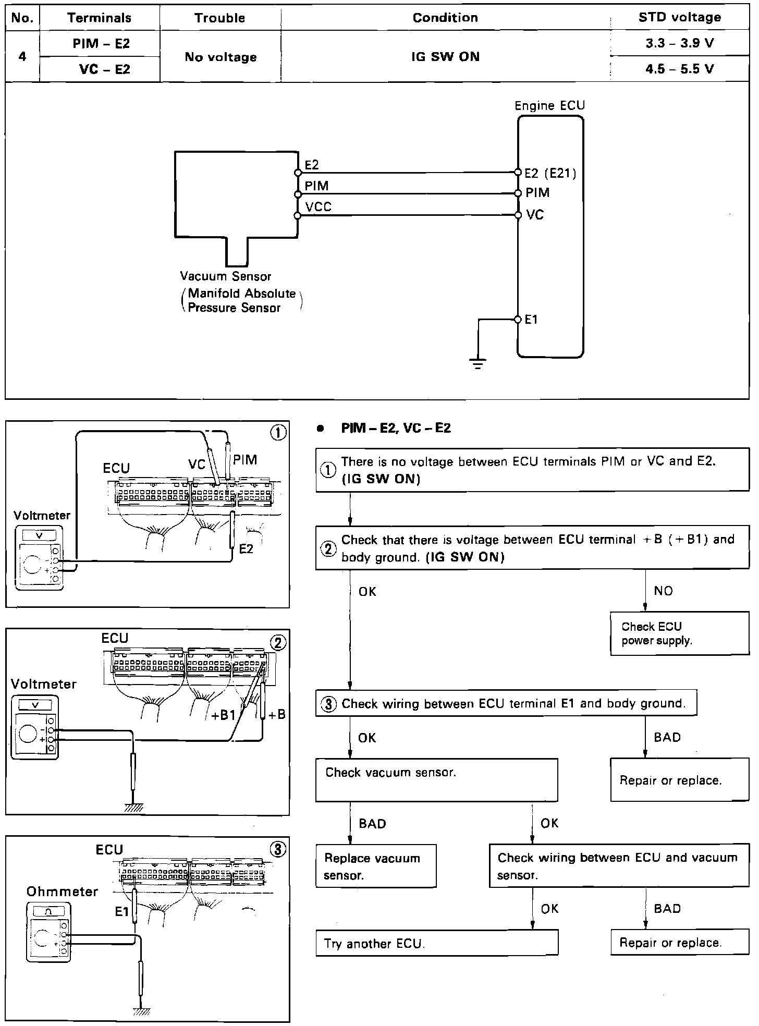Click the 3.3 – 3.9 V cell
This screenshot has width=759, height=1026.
(679, 43)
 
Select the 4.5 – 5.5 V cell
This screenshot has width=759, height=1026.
(679, 69)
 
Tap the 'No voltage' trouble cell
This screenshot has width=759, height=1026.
(221, 57)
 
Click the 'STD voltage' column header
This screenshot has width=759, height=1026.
(679, 17)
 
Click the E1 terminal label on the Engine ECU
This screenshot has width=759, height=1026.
(531, 320)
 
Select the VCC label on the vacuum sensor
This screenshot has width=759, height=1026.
(318, 207)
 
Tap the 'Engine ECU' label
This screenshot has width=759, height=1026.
(549, 106)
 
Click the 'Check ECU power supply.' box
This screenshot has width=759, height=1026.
(679, 633)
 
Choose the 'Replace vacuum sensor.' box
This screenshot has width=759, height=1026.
(375, 866)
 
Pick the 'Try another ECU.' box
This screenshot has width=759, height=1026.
(436, 943)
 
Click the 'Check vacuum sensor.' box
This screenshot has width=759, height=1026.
(436, 779)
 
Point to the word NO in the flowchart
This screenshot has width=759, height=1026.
(663, 591)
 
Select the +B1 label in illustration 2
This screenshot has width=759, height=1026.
(224, 715)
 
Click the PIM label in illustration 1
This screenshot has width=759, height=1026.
(245, 460)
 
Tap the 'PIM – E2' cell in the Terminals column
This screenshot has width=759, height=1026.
(100, 44)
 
